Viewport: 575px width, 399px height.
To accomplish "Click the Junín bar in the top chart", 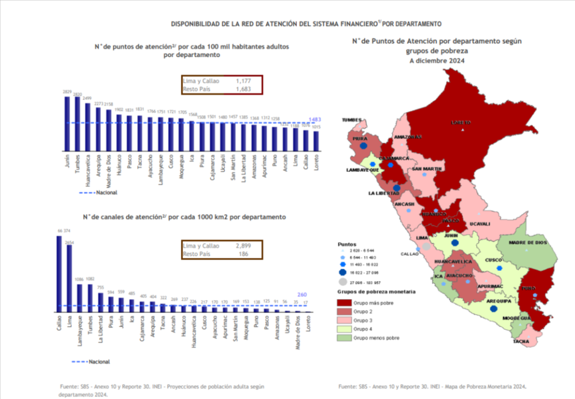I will click(x=67, y=124).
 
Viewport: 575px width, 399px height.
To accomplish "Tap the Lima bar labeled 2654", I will click(x=70, y=278).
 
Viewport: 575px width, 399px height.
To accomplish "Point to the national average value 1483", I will click(x=315, y=119).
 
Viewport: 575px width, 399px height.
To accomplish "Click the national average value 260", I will click(x=302, y=294).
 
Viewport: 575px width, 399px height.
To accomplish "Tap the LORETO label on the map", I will click(x=460, y=123).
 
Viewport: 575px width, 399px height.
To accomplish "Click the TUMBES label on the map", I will click(x=353, y=120).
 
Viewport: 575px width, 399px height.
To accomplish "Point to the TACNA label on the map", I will click(x=521, y=341).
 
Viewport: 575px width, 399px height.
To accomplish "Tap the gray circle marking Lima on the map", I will click(x=426, y=246).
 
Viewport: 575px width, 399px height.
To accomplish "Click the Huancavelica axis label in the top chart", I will click(x=88, y=170).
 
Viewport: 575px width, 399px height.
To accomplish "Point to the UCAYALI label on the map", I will click(x=480, y=224).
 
